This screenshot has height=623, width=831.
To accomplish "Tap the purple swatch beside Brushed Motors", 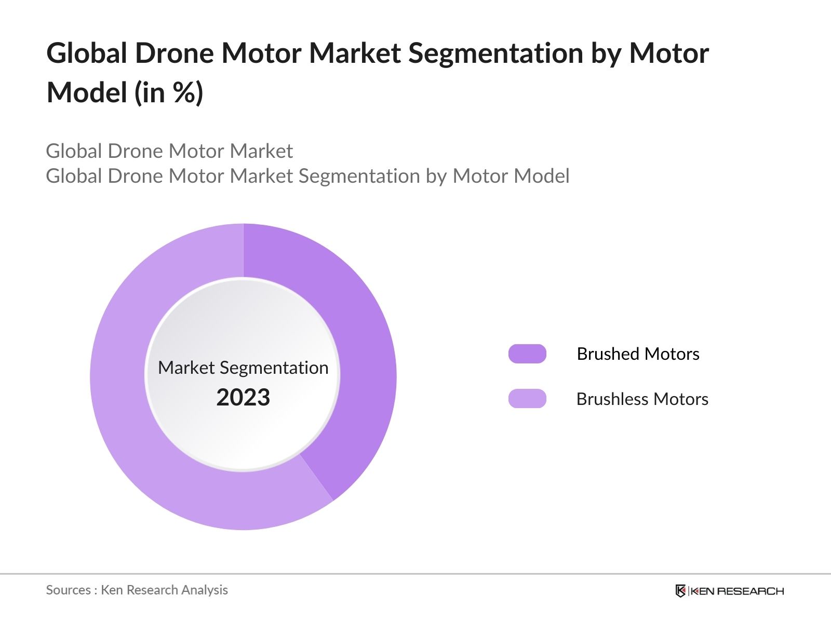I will [527, 354].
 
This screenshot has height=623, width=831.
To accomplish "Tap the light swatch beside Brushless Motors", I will [527, 399].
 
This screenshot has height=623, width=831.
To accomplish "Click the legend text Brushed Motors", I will [638, 354].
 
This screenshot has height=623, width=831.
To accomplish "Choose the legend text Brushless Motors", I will [642, 399].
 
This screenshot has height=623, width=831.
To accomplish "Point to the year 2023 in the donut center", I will [243, 397].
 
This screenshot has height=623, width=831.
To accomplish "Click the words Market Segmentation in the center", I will [243, 368].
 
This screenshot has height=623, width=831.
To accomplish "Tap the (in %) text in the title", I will [169, 92].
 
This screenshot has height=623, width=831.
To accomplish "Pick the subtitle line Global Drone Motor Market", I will [169, 151].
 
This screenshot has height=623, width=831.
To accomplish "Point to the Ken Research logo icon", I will [680, 591].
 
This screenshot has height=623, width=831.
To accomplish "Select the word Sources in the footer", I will [69, 590].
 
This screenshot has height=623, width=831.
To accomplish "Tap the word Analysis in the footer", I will [208, 590].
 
